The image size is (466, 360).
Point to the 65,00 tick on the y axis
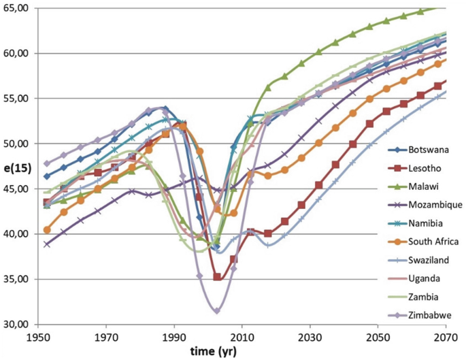pyautogui.click(x=15, y=8)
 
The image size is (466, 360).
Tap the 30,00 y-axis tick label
pyautogui.click(x=15, y=324)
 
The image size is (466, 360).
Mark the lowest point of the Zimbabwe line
pyautogui.click(x=216, y=311)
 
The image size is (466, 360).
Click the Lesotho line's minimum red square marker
pyautogui.click(x=217, y=277)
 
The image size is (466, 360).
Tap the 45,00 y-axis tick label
pyautogui.click(x=15, y=189)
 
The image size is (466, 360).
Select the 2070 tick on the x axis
pyautogui.click(x=445, y=337)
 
